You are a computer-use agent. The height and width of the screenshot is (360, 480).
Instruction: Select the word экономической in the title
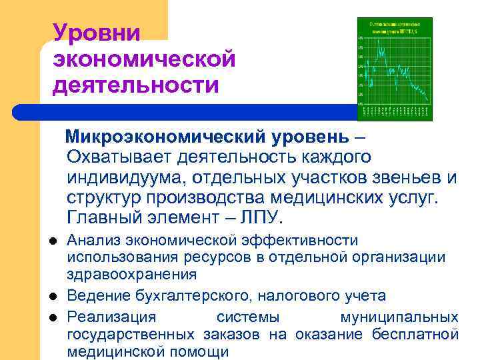pos(145,59)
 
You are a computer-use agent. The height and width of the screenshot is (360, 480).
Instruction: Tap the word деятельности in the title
pos(136,85)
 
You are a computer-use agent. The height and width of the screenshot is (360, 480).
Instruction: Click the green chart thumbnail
pos(395,69)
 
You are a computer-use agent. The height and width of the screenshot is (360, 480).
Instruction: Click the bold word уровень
pos(309,137)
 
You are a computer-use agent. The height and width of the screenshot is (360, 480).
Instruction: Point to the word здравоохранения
pos(131,274)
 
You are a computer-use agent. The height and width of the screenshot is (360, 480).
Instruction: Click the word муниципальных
pos(399,317)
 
